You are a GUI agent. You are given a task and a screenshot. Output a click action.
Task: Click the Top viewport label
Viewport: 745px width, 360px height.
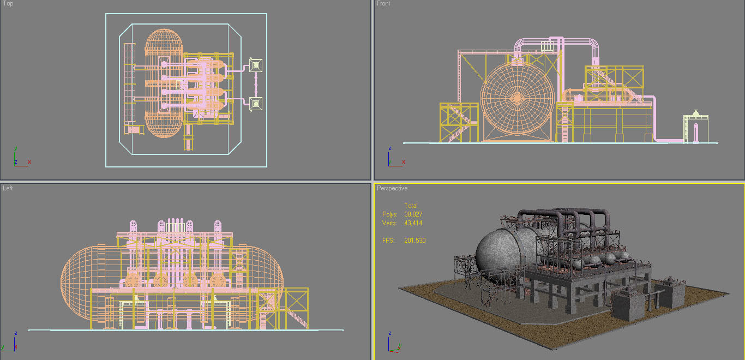[x=8, y=4]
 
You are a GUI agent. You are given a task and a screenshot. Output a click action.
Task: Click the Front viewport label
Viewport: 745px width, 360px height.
[x=383, y=4]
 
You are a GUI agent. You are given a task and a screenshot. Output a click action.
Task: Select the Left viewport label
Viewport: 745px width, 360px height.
[x=8, y=188]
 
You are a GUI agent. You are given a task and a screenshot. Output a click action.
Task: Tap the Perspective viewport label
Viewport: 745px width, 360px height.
[x=392, y=188]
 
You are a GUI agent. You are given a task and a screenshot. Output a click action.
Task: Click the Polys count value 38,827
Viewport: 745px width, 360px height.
[x=413, y=214]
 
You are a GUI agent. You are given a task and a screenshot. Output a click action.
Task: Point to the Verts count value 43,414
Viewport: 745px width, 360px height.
[x=413, y=223]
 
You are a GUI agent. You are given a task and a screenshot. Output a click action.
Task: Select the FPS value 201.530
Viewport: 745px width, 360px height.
[x=414, y=241]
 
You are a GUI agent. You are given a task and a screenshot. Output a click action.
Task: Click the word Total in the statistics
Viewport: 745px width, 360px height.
[x=411, y=206]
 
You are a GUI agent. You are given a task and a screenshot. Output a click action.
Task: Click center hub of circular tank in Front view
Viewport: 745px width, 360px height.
[x=517, y=99]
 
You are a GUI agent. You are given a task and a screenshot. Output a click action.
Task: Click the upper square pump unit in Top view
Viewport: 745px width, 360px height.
[x=255, y=66]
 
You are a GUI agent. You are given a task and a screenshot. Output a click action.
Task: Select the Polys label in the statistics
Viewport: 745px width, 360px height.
[x=389, y=214]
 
